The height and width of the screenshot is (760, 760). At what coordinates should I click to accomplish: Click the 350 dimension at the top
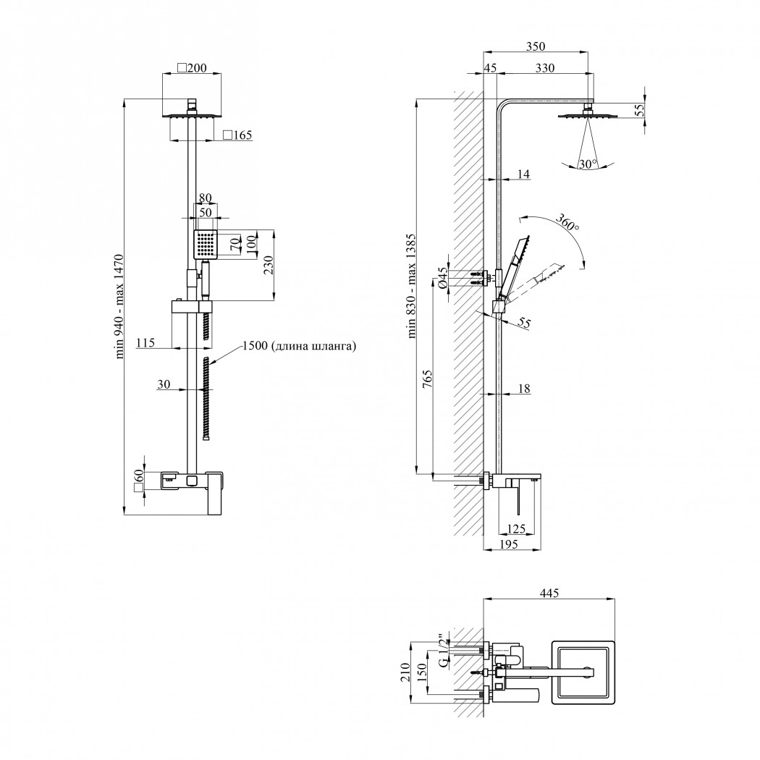tap(535, 46)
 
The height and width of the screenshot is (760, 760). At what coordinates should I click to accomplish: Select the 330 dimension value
tap(545, 68)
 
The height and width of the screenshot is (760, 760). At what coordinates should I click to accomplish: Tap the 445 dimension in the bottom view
tap(549, 592)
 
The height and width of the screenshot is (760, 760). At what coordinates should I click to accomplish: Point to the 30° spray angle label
tap(588, 164)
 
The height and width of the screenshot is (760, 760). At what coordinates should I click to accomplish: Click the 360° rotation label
tap(567, 221)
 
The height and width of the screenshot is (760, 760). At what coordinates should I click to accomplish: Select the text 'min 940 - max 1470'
tap(119, 306)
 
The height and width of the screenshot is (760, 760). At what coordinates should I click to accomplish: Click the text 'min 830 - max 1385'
tap(412, 285)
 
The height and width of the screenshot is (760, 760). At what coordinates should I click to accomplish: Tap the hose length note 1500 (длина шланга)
tap(300, 345)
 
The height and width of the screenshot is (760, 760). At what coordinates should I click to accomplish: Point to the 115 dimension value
tap(145, 342)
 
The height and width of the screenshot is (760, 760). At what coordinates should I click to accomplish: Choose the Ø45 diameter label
tap(442, 278)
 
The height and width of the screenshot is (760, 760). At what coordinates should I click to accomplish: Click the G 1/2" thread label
tap(443, 651)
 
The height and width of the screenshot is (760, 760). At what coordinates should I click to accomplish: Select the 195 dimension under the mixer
tap(508, 544)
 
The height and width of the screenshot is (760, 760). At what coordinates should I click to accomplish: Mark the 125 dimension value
tap(515, 528)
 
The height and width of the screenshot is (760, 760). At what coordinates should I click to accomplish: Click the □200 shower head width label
tap(192, 68)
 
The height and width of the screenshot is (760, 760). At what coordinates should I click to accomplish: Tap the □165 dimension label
tap(237, 135)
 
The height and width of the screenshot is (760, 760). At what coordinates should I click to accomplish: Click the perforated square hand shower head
tap(206, 244)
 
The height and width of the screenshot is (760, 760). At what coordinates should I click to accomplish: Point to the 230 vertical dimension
tap(269, 265)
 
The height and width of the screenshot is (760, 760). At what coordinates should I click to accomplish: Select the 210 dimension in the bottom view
tap(405, 672)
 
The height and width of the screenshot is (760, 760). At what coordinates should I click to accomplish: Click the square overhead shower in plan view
tap(583, 672)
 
